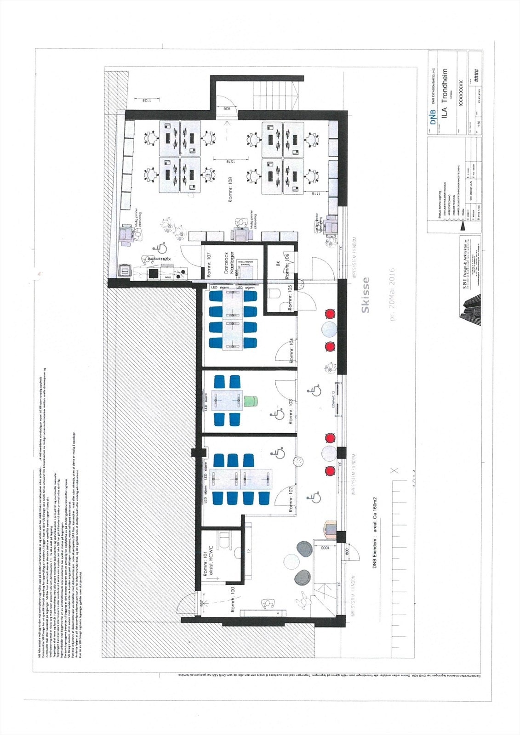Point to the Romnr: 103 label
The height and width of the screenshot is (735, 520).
[291, 413]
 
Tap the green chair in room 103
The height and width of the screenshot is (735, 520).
[251, 401]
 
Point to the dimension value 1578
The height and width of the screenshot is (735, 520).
[228, 162]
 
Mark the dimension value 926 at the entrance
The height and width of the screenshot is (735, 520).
[226, 109]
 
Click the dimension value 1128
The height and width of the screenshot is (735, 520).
[146, 100]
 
